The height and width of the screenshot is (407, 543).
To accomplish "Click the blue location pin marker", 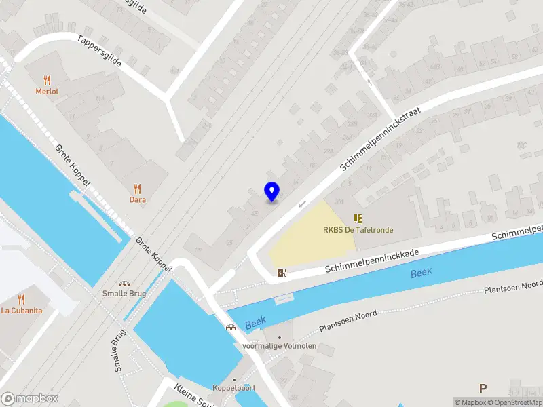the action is [x=272, y=191].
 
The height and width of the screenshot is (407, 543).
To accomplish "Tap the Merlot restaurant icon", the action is [x=47, y=79].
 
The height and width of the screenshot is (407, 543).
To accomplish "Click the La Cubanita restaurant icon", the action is [x=21, y=298].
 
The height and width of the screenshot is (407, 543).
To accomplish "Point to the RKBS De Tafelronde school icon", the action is [x=358, y=218].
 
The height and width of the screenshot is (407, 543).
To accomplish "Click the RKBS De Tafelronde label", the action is [x=358, y=230].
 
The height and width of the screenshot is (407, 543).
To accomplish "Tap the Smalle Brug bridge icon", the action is [x=124, y=284].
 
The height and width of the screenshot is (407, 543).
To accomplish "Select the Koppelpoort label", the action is [x=233, y=387].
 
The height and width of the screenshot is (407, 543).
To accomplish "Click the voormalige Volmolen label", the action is [x=279, y=346].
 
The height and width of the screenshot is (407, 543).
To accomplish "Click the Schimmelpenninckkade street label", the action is [x=371, y=260].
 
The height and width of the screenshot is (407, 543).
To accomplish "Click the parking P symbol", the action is [x=483, y=389].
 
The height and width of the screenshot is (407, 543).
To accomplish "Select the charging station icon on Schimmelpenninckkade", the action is [x=282, y=273].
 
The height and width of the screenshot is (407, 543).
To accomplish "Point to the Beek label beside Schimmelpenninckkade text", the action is [x=421, y=273].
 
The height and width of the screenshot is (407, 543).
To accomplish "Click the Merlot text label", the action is [x=47, y=91].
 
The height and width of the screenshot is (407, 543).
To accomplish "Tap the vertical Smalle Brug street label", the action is [x=119, y=351].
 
